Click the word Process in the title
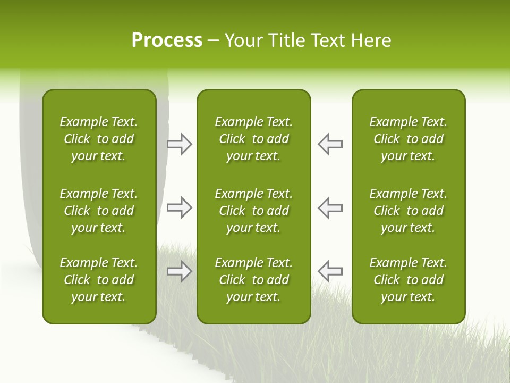(x=167, y=40)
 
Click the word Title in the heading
(x=285, y=40)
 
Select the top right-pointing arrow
(x=179, y=144)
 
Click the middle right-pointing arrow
(x=179, y=207)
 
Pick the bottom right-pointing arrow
(x=179, y=271)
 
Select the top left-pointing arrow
(x=330, y=144)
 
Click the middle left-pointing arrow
(x=330, y=207)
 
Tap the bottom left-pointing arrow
(x=330, y=271)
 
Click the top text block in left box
(x=99, y=139)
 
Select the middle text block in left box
(x=99, y=211)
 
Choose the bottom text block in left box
(x=99, y=280)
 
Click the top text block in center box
(x=254, y=139)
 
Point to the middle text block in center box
(x=254, y=211)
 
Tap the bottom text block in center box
(x=254, y=280)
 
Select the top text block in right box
(x=409, y=139)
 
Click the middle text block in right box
(x=409, y=211)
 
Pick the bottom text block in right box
(x=409, y=280)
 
